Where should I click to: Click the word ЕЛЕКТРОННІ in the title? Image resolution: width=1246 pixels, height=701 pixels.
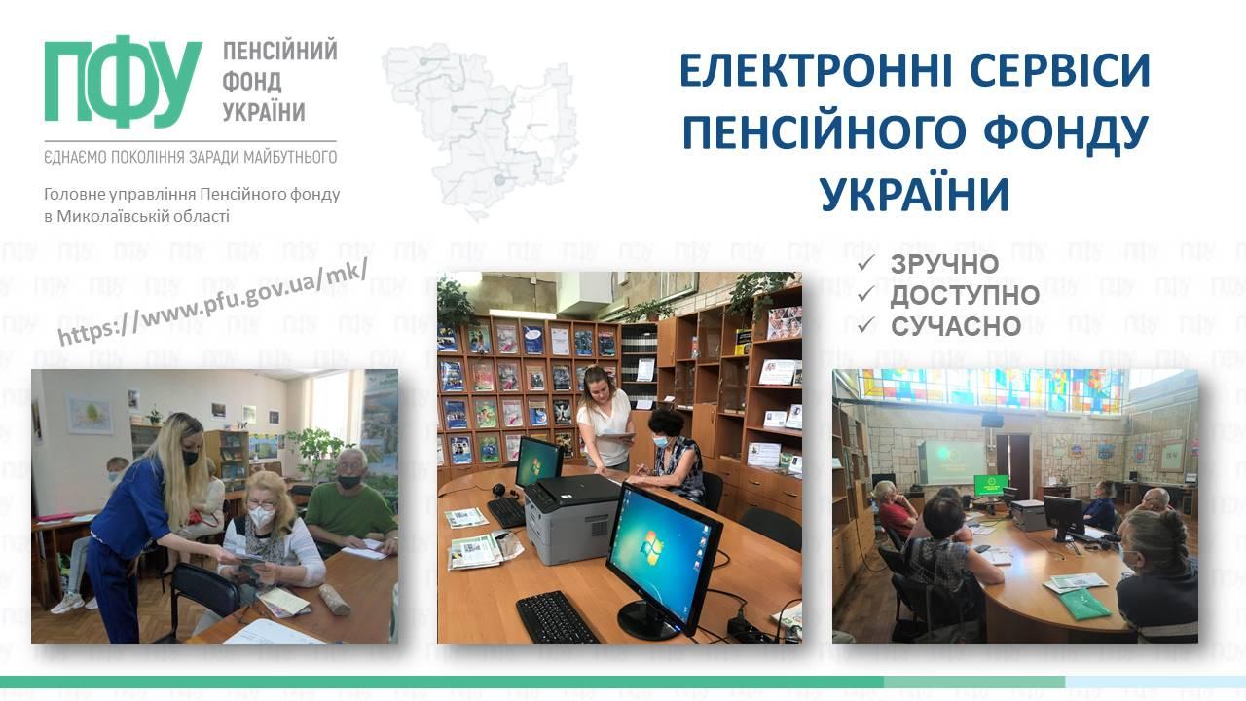click(x=816, y=71)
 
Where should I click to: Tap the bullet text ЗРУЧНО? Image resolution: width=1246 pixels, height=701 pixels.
click(x=944, y=264)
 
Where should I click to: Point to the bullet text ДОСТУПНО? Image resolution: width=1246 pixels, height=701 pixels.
click(x=965, y=295)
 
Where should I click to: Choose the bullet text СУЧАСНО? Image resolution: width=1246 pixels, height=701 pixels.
click(x=956, y=326)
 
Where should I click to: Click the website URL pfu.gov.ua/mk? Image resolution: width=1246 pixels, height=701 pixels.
click(x=212, y=302)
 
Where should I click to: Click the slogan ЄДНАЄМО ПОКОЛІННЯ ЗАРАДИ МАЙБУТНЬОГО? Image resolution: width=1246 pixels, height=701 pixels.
click(x=190, y=158)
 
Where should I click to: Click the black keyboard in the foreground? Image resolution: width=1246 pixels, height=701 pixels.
click(x=557, y=617)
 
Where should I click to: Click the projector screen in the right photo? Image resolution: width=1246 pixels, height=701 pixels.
click(x=955, y=461)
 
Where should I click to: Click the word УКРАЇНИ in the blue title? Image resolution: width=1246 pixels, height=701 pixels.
click(x=915, y=194)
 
